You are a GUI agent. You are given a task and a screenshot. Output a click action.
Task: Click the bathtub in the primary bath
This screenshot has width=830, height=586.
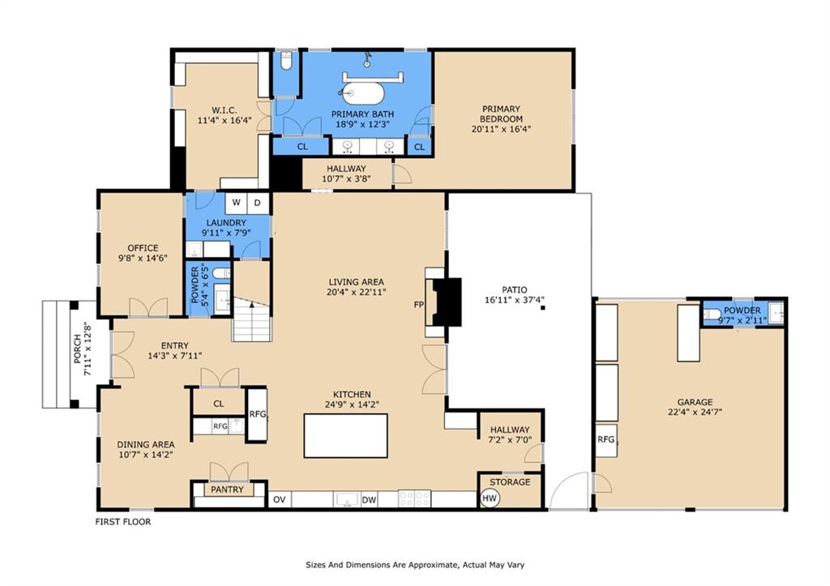[362, 94]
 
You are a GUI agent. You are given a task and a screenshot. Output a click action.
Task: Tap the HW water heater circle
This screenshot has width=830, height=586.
[490, 498]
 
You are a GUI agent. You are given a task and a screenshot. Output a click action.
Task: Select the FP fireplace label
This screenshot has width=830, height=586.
[419, 305]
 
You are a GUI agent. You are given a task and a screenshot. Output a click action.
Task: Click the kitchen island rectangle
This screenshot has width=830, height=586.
[345, 436]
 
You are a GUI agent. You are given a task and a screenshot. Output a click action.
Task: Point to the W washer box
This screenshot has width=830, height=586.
[236, 202]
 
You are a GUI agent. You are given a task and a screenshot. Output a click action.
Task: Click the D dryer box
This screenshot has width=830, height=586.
[258, 202]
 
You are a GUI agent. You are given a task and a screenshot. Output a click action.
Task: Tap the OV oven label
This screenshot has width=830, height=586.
[280, 500]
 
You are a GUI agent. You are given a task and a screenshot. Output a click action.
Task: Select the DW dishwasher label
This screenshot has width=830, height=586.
[369, 500]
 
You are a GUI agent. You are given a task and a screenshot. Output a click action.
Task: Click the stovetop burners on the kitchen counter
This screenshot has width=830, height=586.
[414, 498]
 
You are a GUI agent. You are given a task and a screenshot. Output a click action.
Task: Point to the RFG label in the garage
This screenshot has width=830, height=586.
[606, 439]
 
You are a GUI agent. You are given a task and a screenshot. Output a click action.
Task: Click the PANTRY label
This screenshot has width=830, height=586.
[227, 490]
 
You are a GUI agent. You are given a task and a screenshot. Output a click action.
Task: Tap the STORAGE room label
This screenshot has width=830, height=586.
[510, 481]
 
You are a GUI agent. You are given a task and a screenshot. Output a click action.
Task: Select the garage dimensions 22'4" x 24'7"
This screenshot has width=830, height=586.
[695, 412]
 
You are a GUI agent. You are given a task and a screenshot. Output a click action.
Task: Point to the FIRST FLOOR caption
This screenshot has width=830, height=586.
[123, 521]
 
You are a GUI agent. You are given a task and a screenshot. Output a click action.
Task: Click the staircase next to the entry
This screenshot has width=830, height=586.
[251, 319]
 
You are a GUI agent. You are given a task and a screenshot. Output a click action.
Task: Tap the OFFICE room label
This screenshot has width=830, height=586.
[143, 248]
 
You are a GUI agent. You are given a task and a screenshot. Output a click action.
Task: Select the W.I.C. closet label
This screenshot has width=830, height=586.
[225, 110]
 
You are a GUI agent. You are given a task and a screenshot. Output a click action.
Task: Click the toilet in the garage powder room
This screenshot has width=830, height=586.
[712, 314]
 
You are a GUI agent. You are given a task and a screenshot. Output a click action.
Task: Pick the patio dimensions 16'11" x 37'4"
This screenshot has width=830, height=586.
[515, 300]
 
